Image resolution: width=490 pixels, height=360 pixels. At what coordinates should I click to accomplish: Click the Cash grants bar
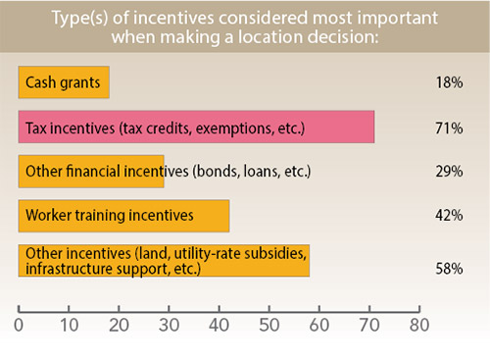pos(64,82)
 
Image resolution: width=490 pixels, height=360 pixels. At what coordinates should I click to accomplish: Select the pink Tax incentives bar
pos(196,128)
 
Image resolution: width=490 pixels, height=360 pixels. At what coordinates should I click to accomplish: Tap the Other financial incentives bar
pos(91,171)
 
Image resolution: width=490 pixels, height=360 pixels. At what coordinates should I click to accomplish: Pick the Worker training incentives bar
pos(123,213)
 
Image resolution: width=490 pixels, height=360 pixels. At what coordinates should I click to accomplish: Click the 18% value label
pos(450,83)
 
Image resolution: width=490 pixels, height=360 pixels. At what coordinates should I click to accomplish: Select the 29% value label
pos(450,172)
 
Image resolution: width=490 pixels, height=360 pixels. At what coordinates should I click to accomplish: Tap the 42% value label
pos(450,214)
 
